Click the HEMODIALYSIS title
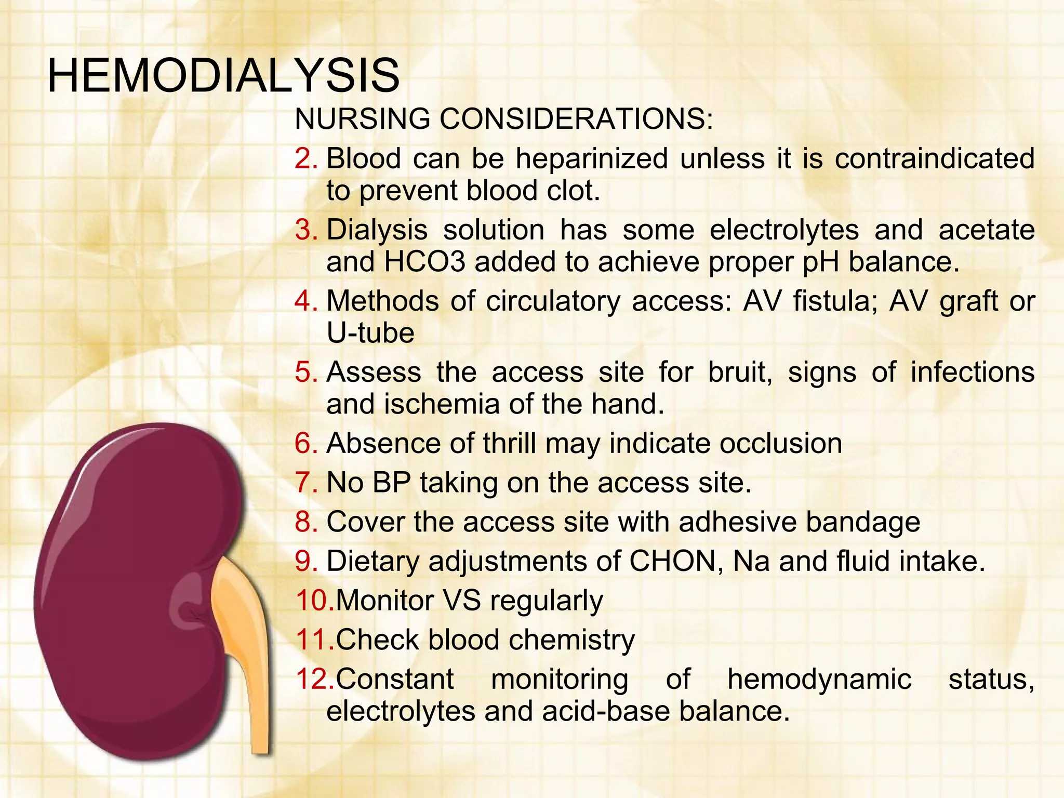[x=223, y=76]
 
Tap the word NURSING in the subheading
[x=362, y=118]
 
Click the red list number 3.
[x=305, y=230]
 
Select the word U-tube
[x=370, y=333]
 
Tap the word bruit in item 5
[x=739, y=372]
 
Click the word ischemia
[x=442, y=404]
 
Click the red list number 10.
[x=314, y=600]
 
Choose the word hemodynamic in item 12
[x=819, y=679]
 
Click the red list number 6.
[x=305, y=443]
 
